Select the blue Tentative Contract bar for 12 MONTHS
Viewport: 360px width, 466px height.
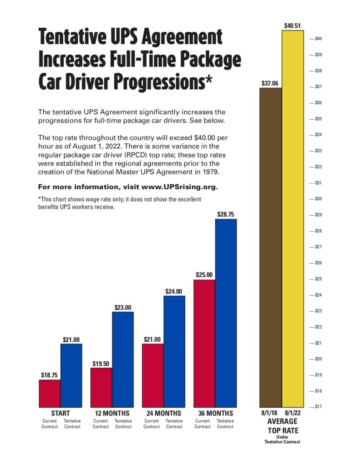point(123,360)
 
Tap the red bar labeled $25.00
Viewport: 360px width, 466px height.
point(204,344)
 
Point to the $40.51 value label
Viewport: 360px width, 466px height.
point(292,26)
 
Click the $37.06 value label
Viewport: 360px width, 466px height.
point(270,83)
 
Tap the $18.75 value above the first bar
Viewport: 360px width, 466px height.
point(50,375)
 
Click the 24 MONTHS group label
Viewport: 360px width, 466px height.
point(163,413)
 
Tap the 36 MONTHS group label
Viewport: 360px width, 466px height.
point(215,413)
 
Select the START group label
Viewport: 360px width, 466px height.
point(60,413)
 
